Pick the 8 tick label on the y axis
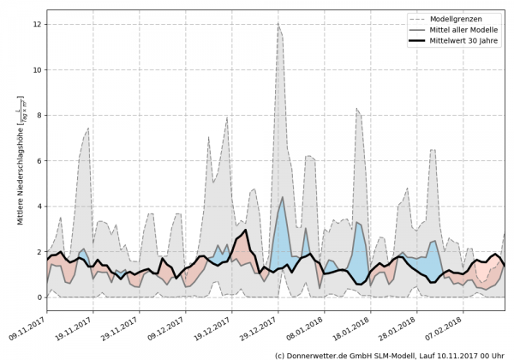pyautogui.click(x=38, y=115)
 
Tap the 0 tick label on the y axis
pyautogui.click(x=38, y=297)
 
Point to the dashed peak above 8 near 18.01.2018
pyautogui.click(x=357, y=109)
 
